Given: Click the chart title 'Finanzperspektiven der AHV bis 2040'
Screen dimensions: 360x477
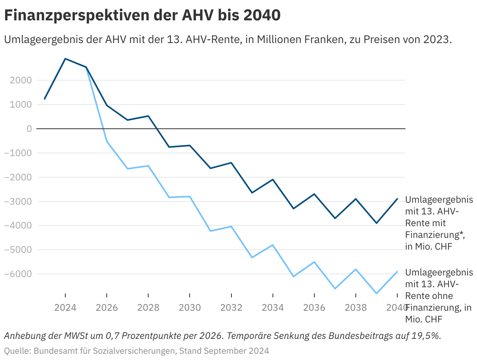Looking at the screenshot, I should [142, 16].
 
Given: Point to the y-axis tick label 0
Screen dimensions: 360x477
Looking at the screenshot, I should [29, 128].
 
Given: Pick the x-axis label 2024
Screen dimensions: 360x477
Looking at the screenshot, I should [65, 308].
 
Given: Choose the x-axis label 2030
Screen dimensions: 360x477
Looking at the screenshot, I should [190, 308].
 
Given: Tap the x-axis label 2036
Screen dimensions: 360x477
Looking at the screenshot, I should [314, 308].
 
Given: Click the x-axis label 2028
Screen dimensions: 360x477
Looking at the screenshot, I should [148, 308].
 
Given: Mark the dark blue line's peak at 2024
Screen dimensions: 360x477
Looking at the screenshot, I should [65, 59].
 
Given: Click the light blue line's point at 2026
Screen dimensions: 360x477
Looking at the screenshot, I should [107, 141].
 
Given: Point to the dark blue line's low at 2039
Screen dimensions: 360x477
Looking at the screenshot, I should [377, 223].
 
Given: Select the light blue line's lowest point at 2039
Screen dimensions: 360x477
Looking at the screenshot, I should [377, 293].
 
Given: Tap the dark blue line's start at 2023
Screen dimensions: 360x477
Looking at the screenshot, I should [45, 99].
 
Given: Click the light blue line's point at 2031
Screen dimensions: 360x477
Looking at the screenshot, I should [210, 231].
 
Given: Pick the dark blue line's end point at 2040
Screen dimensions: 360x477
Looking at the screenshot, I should [397, 199].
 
